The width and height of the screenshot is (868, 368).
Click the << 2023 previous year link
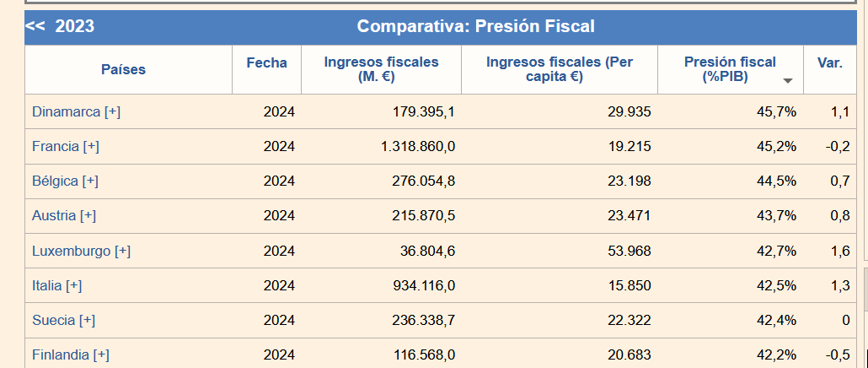coord(60,27)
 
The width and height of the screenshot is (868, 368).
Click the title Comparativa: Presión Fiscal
coord(475,27)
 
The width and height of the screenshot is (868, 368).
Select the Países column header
coord(123,69)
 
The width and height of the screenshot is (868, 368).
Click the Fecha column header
coord(266,62)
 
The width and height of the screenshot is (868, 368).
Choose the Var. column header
coord(829,62)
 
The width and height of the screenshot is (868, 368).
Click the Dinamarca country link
coord(66,111)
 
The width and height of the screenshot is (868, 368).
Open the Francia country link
coord(55,146)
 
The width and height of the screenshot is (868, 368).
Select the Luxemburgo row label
coord(71,251)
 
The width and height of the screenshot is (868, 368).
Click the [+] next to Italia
coord(73,285)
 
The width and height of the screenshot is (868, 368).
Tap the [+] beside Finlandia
coord(101,355)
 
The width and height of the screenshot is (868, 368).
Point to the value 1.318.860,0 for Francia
coord(418,146)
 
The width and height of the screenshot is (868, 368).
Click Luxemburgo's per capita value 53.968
coord(629,251)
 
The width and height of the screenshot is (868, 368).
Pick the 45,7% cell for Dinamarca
coord(776,111)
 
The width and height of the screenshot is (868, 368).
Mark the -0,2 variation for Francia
coord(838,146)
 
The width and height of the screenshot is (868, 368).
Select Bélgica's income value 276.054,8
coord(424,181)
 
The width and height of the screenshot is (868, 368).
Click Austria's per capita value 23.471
coord(629,215)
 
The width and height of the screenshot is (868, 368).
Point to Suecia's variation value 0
coord(845,320)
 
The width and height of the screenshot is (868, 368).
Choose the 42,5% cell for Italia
coord(776,285)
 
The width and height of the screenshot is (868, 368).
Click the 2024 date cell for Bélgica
coord(279,181)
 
